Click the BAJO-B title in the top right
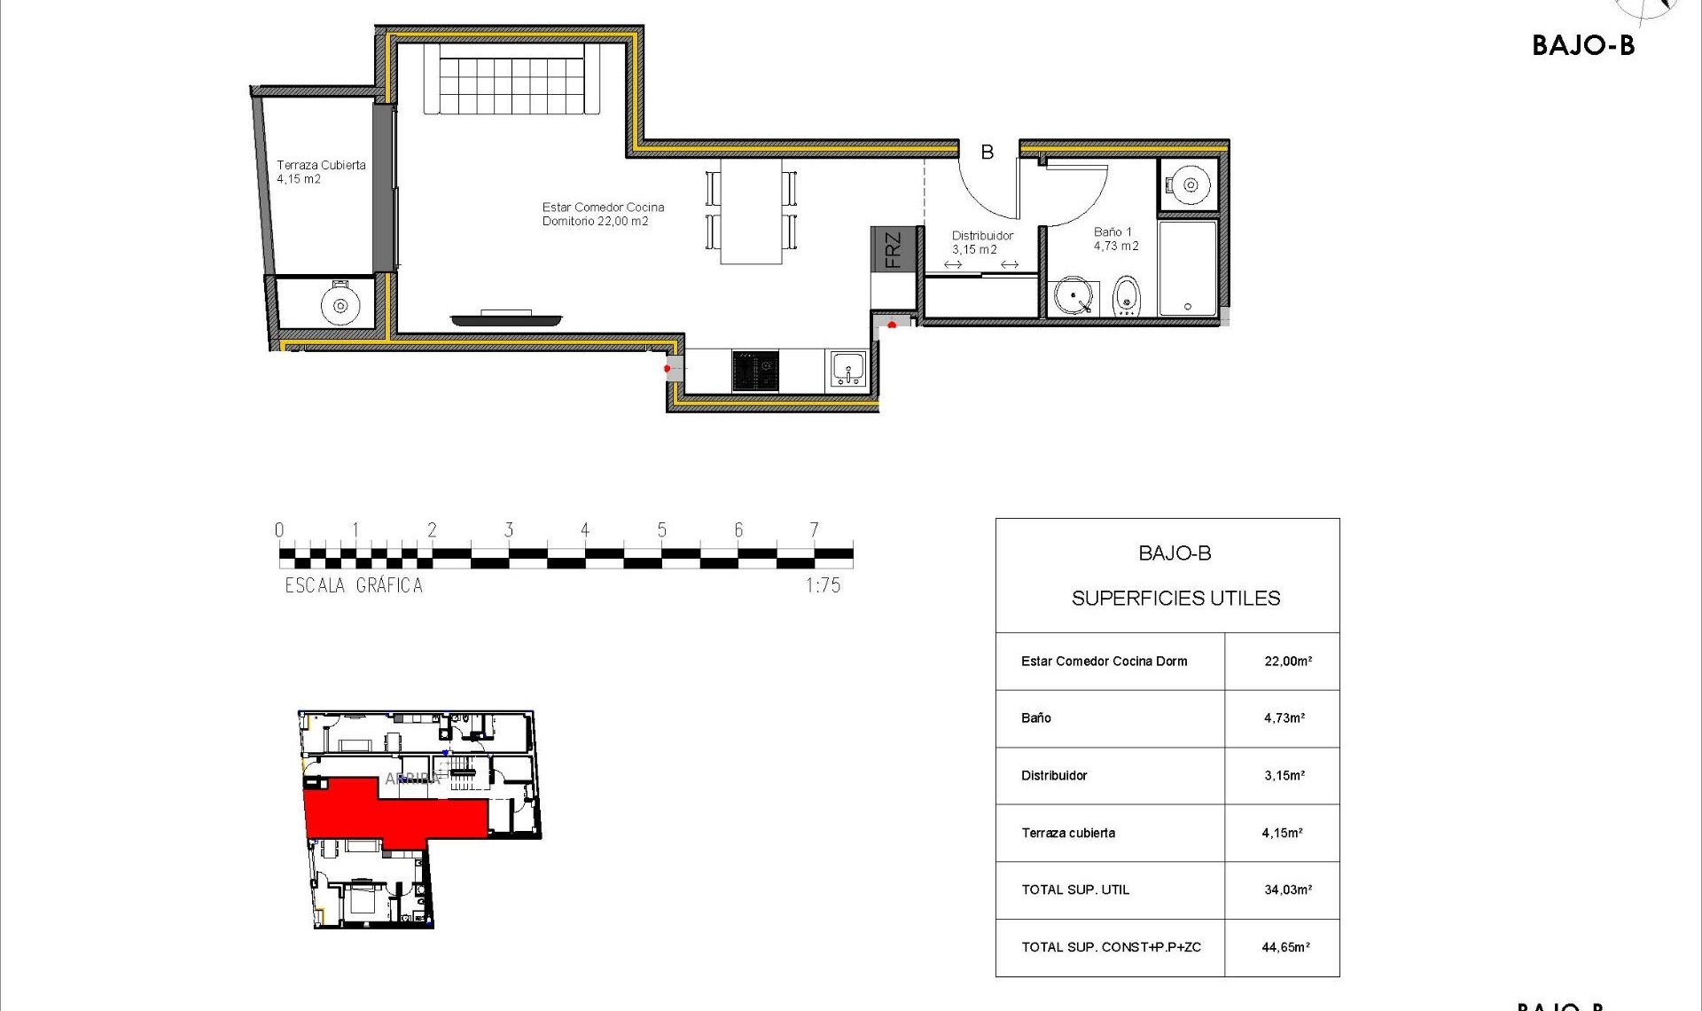[1582, 46]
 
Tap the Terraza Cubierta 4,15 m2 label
[320, 171]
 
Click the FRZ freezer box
[892, 249]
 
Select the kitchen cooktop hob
[755, 371]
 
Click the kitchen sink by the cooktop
[848, 369]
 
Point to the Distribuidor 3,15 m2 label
[981, 242]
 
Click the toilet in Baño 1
[1126, 295]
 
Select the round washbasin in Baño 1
[1074, 296]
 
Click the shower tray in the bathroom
[1188, 266]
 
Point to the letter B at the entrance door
[987, 153]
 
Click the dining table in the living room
[751, 211]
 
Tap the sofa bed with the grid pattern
[511, 80]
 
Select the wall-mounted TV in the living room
[506, 318]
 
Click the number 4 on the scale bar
[585, 529]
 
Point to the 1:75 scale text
[823, 585]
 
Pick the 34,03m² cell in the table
[1287, 890]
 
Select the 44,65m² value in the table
[1285, 947]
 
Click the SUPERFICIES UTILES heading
[1175, 599]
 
